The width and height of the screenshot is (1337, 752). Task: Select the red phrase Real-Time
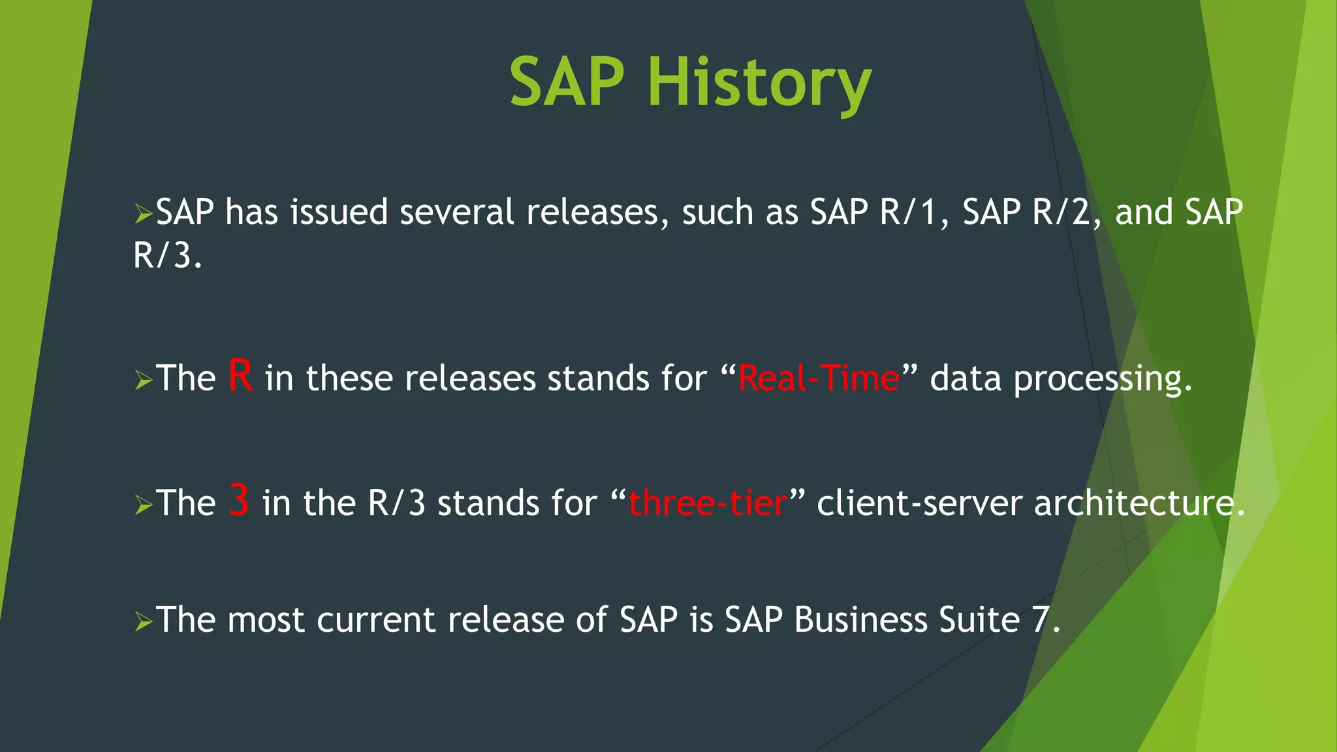pyautogui.click(x=818, y=378)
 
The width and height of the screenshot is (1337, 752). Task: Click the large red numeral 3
pyautogui.click(x=239, y=501)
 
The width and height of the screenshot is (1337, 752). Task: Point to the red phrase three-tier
pyautogui.click(x=707, y=503)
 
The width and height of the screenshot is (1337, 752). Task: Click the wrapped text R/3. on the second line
pyautogui.click(x=168, y=255)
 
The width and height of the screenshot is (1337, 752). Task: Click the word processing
pyautogui.click(x=1103, y=379)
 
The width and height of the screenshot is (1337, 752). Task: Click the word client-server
pyautogui.click(x=919, y=503)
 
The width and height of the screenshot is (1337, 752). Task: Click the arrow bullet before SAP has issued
pyautogui.click(x=143, y=213)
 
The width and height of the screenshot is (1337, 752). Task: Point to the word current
pyautogui.click(x=375, y=619)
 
